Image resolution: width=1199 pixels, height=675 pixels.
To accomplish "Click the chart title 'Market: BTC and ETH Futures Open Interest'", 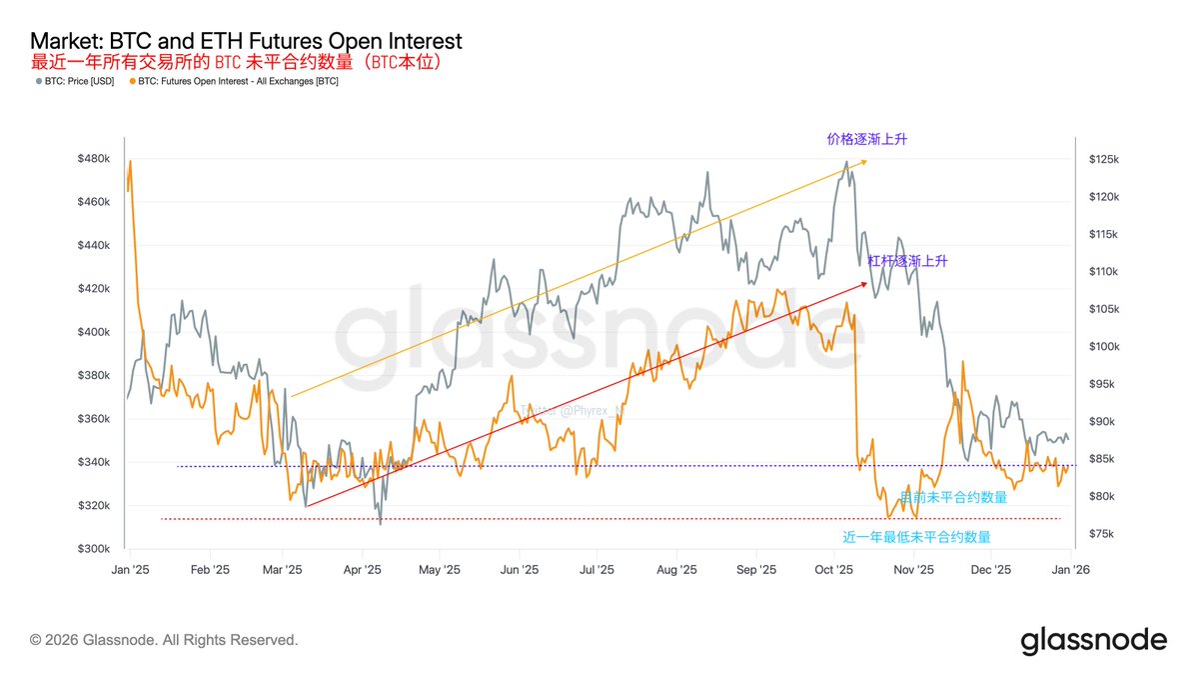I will tap(246, 41).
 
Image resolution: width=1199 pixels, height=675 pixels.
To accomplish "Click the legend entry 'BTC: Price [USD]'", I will tap(79, 81).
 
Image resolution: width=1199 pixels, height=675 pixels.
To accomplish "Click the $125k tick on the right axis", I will tap(1104, 159).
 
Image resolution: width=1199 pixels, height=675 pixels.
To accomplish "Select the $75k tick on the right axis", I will tap(1102, 534).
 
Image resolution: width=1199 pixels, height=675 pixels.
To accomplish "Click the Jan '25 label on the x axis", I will tap(130, 570).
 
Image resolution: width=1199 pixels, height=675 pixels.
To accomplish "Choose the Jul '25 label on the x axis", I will tap(597, 570).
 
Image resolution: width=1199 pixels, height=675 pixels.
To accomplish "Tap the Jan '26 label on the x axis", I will tap(1070, 570).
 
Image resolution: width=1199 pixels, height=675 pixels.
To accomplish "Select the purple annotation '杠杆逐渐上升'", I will tap(907, 261).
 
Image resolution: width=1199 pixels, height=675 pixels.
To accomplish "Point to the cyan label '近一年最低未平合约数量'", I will tap(916, 537).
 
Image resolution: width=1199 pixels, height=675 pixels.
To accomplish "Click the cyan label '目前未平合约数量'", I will tap(953, 497).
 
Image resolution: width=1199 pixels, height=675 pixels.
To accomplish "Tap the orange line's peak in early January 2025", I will tap(130, 161).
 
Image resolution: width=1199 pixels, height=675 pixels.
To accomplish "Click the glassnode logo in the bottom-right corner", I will tap(1093, 640).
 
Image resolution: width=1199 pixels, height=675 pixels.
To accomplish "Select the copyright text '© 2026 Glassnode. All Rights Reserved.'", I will tap(164, 640).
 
